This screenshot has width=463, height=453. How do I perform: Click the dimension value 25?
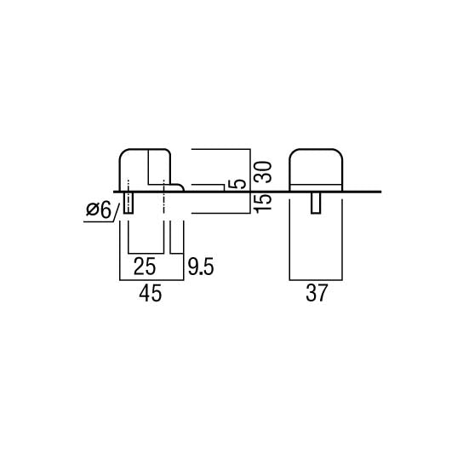[x=145, y=267]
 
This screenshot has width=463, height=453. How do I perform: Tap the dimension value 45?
[x=151, y=293]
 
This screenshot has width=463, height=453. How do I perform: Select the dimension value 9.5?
[x=201, y=267]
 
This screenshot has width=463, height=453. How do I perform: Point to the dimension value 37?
[x=317, y=293]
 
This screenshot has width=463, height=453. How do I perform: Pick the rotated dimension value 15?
[x=263, y=203]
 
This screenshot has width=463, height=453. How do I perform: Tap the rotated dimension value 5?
[x=238, y=183]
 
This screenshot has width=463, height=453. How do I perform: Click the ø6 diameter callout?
[x=99, y=209]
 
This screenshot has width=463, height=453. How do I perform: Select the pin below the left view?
[x=129, y=203]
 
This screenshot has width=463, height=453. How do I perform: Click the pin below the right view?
[x=317, y=203]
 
